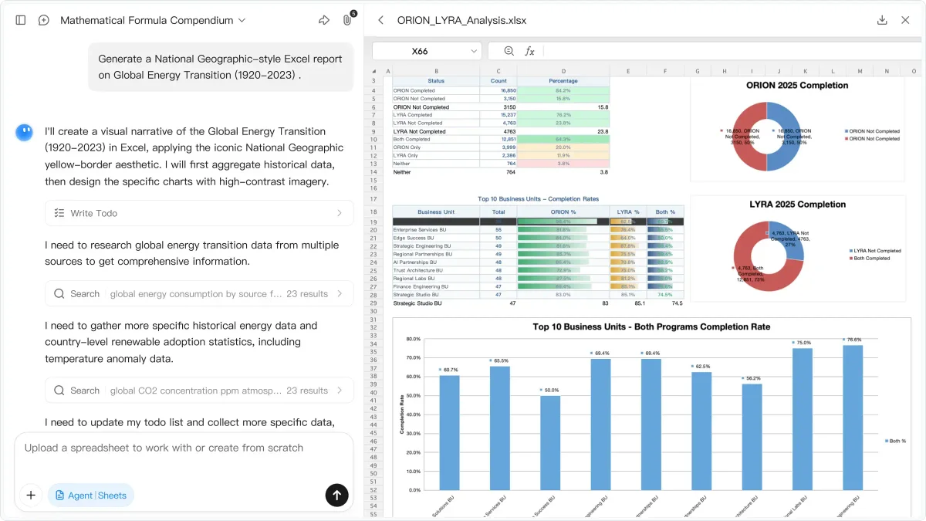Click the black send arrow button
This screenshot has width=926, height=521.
336,495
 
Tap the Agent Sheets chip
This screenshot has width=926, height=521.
91,496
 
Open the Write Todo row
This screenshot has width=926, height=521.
199,213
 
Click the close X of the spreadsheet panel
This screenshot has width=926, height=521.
905,20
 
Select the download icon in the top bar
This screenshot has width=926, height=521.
882,20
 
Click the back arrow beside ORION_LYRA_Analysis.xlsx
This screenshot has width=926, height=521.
380,20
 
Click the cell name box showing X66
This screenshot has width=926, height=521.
426,51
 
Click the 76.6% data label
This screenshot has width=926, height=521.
853,340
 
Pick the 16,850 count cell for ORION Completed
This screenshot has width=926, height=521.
498,90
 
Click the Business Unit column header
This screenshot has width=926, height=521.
436,211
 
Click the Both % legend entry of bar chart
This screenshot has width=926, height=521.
897,441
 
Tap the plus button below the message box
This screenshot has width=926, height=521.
31,495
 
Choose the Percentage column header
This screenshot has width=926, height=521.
563,81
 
